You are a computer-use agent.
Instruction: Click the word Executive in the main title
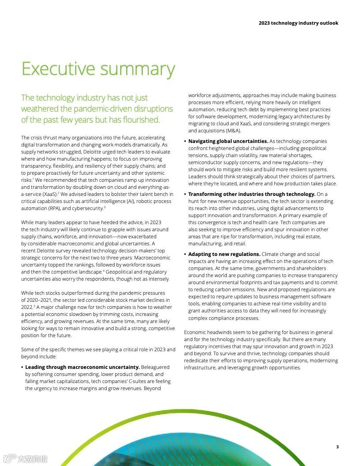[58, 69]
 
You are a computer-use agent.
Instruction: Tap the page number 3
[337, 447]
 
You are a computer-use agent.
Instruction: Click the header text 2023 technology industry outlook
[298, 23]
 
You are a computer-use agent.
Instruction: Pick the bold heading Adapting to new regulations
[224, 254]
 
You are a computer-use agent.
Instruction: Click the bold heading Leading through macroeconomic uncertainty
[82, 367]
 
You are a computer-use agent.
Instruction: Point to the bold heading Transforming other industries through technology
[252, 194]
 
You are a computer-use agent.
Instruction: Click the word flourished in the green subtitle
[138, 120]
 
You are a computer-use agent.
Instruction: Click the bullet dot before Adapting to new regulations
[185, 255]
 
